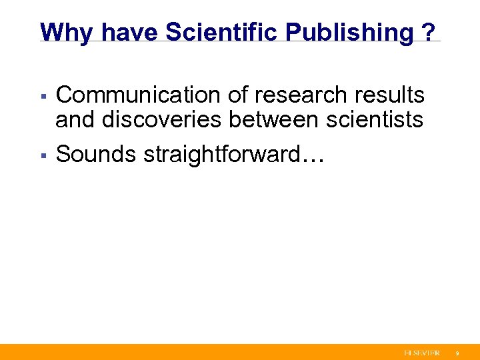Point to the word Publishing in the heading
pyautogui.click(x=348, y=31)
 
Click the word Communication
pyautogui.click(x=137, y=95)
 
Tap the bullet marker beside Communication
pyautogui.click(x=43, y=97)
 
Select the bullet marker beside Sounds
pyautogui.click(x=43, y=155)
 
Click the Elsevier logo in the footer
pyautogui.click(x=421, y=352)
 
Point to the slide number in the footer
pyautogui.click(x=457, y=353)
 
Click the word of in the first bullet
pyautogui.click(x=234, y=95)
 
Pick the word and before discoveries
pyautogui.click(x=76, y=120)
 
